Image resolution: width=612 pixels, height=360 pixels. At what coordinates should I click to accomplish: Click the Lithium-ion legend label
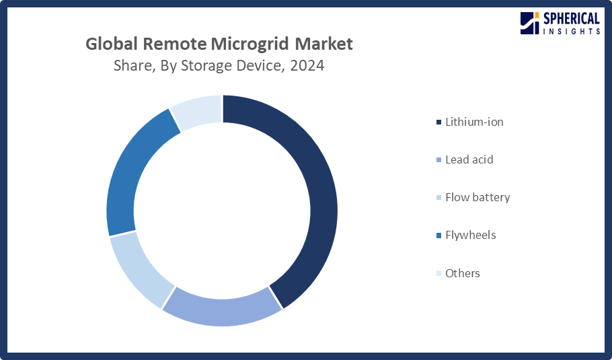pyautogui.click(x=474, y=122)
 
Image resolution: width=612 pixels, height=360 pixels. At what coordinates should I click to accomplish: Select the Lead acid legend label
pyautogui.click(x=469, y=159)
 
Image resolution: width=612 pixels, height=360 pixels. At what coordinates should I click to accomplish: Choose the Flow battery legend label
pyautogui.click(x=477, y=197)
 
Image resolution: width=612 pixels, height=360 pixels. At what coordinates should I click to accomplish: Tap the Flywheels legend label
pyautogui.click(x=470, y=235)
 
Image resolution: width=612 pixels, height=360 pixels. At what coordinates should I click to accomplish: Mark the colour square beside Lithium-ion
pyautogui.click(x=439, y=122)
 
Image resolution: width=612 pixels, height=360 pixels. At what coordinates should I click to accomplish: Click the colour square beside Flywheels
pyautogui.click(x=439, y=236)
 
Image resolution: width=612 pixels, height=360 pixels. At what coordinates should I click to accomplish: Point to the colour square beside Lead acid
pyautogui.click(x=439, y=160)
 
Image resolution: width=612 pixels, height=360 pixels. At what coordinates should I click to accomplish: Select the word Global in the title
pyautogui.click(x=112, y=44)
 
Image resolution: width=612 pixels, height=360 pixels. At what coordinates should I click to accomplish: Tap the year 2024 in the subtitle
pyautogui.click(x=307, y=66)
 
